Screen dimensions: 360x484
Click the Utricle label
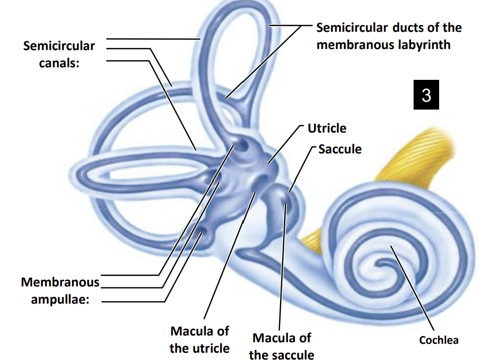point(326,128)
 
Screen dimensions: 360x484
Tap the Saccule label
point(340,149)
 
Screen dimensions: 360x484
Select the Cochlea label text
point(439,340)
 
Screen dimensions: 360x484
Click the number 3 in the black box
point(426,95)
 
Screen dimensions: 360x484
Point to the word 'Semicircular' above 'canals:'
point(59,46)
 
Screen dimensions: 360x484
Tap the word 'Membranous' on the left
point(60,282)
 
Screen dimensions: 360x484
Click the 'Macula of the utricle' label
point(199,339)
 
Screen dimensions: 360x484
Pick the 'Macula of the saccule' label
point(282,346)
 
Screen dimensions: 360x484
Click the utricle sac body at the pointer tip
point(270,164)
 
